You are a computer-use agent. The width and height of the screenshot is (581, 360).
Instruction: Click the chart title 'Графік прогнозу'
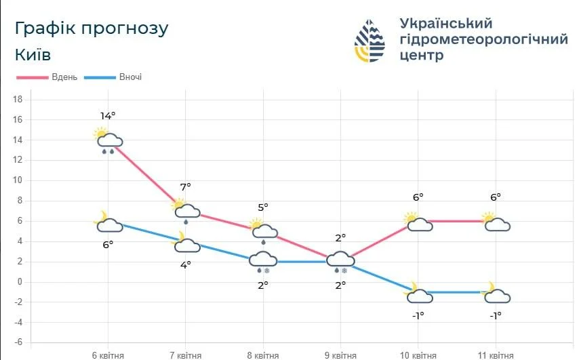point(91,28)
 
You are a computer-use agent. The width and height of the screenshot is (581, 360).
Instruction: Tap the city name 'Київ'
point(33,55)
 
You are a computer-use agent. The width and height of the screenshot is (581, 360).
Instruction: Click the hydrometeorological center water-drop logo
point(369,41)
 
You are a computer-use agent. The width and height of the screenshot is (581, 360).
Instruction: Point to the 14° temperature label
point(108,116)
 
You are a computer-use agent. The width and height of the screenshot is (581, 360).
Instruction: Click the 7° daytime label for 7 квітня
point(185,186)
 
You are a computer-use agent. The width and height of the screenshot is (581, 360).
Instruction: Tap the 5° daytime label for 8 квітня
point(263,207)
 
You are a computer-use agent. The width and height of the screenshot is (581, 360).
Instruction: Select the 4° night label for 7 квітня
point(185,265)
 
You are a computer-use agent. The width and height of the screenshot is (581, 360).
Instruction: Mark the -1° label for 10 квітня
point(418,315)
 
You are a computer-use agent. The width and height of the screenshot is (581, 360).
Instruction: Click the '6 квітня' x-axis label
point(108,355)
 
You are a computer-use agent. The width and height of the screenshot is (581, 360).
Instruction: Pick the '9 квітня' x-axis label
point(340,355)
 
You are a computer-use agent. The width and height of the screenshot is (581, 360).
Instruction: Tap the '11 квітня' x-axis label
point(496,355)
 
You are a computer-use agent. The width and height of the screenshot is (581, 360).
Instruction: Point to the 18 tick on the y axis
point(18,100)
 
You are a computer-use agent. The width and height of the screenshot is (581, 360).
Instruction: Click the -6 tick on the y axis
point(18,342)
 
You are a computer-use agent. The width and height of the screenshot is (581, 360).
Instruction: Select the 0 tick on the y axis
point(20,282)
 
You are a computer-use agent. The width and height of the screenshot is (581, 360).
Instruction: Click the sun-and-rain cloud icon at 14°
point(108,140)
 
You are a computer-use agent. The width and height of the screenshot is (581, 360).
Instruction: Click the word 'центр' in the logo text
point(422,56)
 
